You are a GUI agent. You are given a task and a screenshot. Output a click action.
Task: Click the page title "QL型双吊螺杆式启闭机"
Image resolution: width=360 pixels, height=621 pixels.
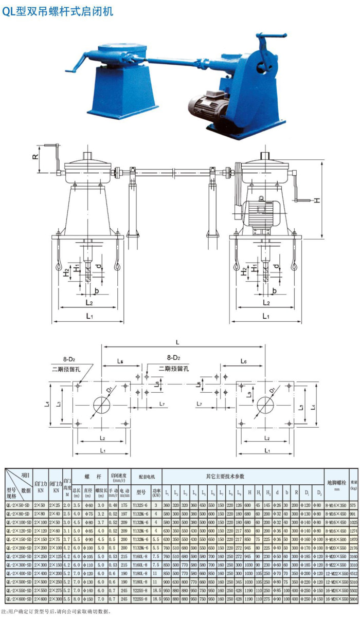coord(58,11)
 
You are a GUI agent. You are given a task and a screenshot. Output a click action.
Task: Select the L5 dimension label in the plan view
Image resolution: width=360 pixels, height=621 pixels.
coord(120,362)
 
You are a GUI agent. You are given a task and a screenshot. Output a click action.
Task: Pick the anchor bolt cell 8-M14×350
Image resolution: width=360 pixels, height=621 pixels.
coord(336,505)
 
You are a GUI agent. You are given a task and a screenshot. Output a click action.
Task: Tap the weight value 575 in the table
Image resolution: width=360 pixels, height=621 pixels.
coord(353,505)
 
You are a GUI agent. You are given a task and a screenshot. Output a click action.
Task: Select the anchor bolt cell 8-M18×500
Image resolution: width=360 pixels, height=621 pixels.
coord(336,540)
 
